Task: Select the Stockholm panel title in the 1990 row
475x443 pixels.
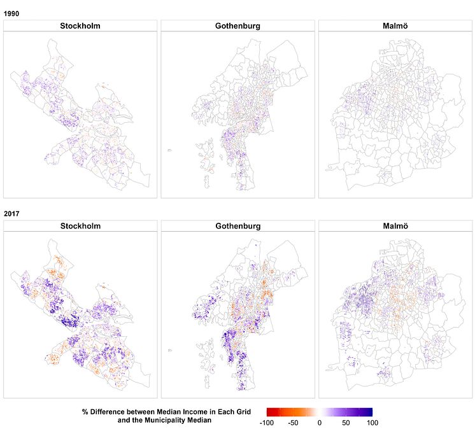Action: [80, 26]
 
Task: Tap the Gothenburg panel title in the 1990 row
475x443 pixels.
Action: [237, 26]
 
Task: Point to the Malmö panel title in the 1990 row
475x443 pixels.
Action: [395, 26]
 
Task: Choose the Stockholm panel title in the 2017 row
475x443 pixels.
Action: [80, 226]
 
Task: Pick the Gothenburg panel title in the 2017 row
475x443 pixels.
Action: [237, 226]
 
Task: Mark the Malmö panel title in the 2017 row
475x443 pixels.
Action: [395, 226]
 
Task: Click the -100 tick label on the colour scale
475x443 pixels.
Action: [268, 423]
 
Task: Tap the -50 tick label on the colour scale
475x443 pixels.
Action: [294, 423]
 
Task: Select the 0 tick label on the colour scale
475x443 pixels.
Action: [320, 423]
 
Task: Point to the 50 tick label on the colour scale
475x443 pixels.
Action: [346, 423]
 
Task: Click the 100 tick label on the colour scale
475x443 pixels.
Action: [372, 423]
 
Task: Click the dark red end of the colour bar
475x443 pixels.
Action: [269, 412]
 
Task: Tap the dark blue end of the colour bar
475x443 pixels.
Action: [370, 412]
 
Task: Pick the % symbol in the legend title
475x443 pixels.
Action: [85, 412]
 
